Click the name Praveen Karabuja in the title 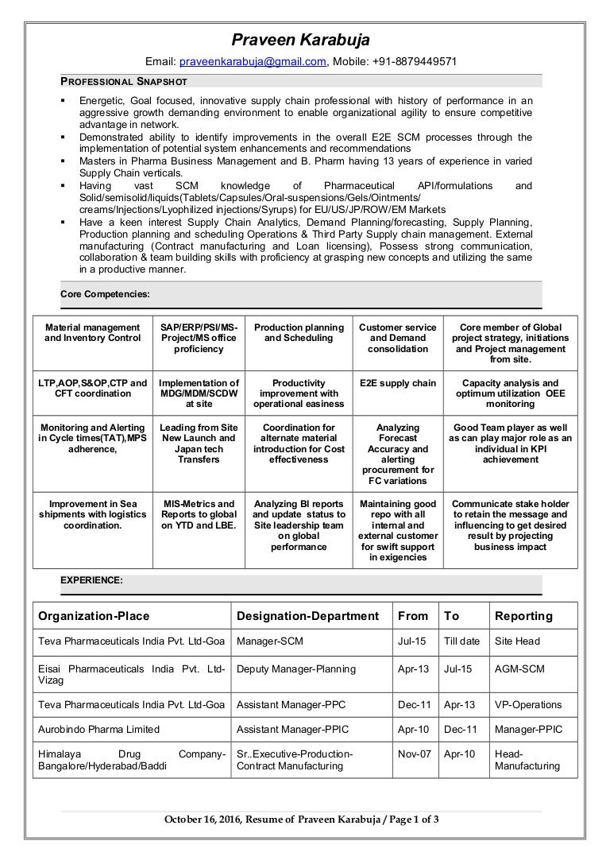pyautogui.click(x=300, y=40)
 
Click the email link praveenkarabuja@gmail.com pyautogui.click(x=253, y=63)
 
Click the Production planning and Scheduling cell pyautogui.click(x=299, y=333)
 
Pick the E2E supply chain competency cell pyautogui.click(x=397, y=383)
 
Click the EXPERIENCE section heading pyautogui.click(x=91, y=581)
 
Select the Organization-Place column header pyautogui.click(x=94, y=616)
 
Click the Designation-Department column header pyautogui.click(x=307, y=616)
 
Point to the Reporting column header pyautogui.click(x=523, y=616)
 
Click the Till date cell pyautogui.click(x=461, y=641)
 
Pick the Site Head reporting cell pyautogui.click(x=517, y=641)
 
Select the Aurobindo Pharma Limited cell pyautogui.click(x=98, y=729)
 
